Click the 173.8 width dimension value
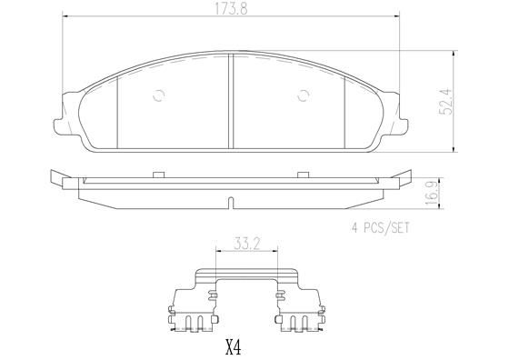tap(231, 9)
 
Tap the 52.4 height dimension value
tap(445, 101)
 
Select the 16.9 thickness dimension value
tap(431, 194)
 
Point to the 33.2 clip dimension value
tap(246, 245)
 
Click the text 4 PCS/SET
tap(381, 227)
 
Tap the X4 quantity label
tap(234, 347)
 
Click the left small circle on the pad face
tap(159, 95)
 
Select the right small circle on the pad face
tap(304, 95)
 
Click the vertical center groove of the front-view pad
tap(231, 101)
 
